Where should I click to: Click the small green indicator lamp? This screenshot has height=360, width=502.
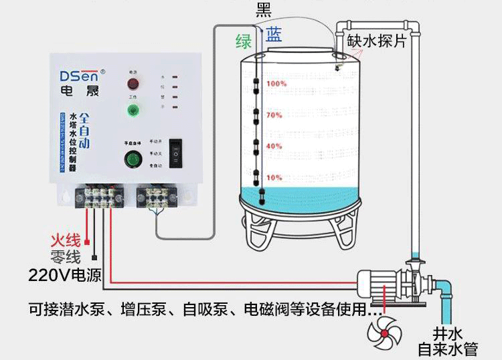(x=133, y=110)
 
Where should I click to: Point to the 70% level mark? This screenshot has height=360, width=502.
(x=275, y=115)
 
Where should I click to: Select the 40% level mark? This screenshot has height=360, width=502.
(x=275, y=146)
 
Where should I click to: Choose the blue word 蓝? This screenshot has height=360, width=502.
(x=273, y=35)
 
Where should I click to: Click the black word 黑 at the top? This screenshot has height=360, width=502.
(x=264, y=10)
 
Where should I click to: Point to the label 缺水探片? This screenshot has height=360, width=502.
(x=376, y=41)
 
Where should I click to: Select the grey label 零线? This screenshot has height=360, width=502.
(x=65, y=257)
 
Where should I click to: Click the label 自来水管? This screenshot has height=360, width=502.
(x=446, y=349)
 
